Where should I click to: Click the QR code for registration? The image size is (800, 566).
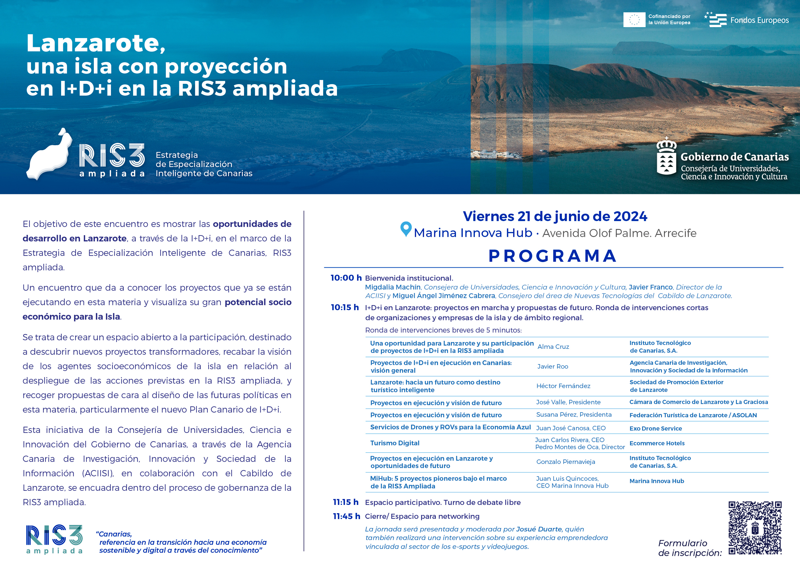point(755,528)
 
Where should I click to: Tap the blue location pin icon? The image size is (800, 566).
point(406,229)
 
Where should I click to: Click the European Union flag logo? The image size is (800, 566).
point(634,20)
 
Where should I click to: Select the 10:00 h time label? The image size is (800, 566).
point(346,278)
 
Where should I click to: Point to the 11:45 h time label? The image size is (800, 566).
point(346,516)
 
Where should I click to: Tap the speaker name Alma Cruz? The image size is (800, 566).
point(553,347)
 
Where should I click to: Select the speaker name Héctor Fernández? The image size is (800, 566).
point(563,386)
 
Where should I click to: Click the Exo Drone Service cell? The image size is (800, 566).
point(655,428)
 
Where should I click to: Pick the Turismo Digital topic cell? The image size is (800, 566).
point(395,443)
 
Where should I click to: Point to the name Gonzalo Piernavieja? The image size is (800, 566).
point(565,462)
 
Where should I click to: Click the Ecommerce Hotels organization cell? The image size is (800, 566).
point(657,443)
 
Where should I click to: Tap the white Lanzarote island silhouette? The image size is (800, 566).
point(49,155)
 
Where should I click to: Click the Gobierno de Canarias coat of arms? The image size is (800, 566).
point(666,156)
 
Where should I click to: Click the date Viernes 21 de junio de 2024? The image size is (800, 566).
point(555,216)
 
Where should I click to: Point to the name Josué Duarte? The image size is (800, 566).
point(539,529)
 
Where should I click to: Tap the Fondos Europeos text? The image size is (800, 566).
point(759,20)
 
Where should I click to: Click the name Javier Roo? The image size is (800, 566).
point(553,366)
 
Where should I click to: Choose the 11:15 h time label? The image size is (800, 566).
point(346,502)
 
